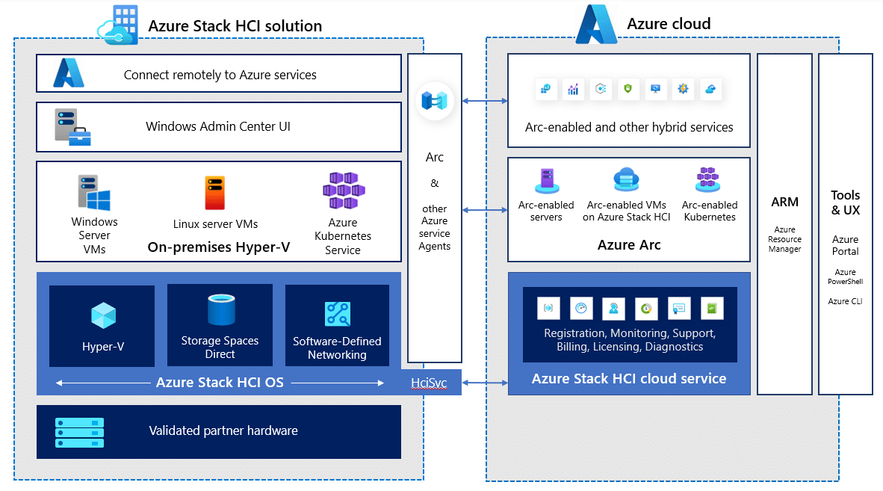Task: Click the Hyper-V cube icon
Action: (102, 315)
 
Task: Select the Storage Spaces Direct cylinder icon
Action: (220, 310)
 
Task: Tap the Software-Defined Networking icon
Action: (337, 314)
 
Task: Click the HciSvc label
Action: (429, 383)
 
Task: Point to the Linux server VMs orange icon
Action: (214, 193)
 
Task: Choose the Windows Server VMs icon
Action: (94, 192)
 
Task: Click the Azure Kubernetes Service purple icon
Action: (343, 191)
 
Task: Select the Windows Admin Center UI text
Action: (218, 126)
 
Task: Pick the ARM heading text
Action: (785, 202)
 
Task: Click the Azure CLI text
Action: (845, 301)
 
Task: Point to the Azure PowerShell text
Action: (845, 277)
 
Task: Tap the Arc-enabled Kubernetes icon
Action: (708, 180)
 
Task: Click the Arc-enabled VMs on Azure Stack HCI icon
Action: (626, 181)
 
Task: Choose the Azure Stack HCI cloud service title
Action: (629, 378)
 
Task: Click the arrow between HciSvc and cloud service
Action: (485, 383)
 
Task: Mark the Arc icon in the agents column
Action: (434, 101)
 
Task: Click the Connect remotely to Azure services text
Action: (220, 75)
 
